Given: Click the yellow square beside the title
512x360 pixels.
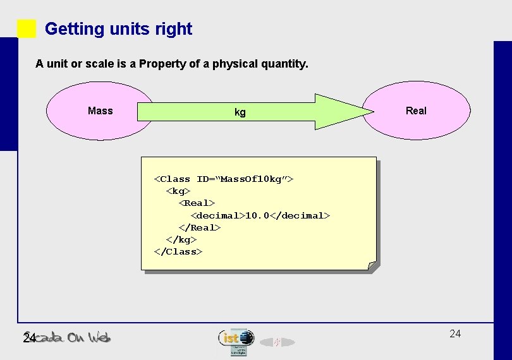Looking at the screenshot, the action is point(27,29).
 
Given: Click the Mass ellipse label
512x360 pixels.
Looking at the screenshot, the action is point(100,111).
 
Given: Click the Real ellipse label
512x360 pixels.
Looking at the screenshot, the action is point(416,111).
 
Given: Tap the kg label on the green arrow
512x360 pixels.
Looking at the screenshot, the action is point(240,112).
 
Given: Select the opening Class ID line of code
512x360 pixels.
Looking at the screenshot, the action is point(224,179).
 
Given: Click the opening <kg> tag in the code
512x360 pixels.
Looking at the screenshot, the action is point(178,191).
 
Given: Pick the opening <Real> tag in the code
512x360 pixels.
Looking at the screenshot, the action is point(197,203).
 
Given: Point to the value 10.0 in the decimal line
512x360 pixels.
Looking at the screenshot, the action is point(257,215).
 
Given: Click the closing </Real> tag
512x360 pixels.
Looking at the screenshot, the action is point(200,227).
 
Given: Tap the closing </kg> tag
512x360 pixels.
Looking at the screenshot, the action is point(181,239).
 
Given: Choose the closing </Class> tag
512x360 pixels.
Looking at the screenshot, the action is point(178,251).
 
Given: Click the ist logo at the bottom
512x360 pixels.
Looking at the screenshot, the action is point(236,338).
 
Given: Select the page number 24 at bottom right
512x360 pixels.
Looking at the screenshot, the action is point(455,333).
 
